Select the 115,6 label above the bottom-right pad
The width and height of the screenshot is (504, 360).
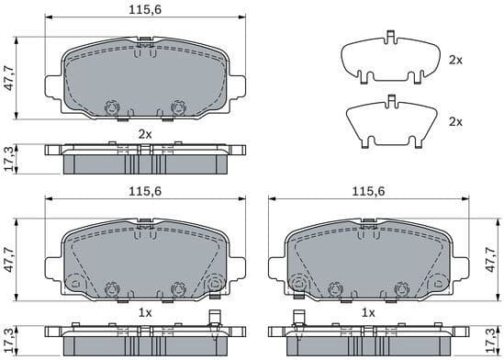[x=368, y=190]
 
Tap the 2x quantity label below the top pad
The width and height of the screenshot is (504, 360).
[x=144, y=134]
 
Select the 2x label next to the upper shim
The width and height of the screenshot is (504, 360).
[x=455, y=60]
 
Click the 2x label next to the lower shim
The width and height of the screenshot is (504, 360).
[x=455, y=121]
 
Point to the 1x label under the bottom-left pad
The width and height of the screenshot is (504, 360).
[x=144, y=313]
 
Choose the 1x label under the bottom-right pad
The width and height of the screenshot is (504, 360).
[x=368, y=313]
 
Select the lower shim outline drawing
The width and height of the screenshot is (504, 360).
[x=390, y=122]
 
